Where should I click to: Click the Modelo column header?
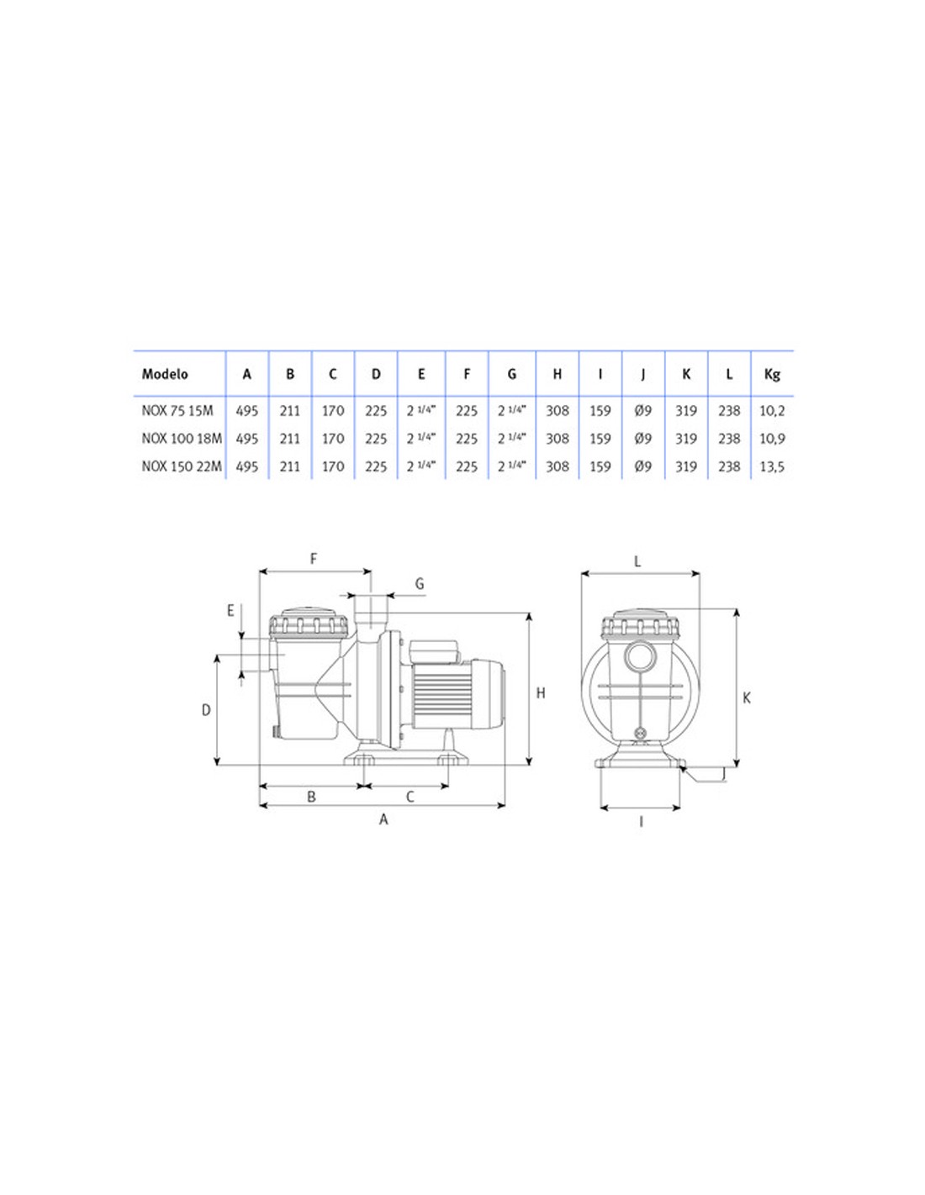[x=165, y=375]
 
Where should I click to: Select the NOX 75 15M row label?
[x=177, y=411]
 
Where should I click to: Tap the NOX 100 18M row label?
[x=182, y=439]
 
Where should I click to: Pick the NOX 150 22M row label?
[x=182, y=466]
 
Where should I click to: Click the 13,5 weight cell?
[x=772, y=466]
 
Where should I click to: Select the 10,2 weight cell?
[x=772, y=411]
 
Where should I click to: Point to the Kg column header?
[x=772, y=375]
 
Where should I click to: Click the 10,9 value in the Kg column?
[x=772, y=439]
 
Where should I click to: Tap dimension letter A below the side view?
[x=383, y=819]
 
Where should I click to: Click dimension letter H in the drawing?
[x=541, y=693]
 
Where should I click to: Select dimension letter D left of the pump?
[x=206, y=711]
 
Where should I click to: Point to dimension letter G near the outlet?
[x=420, y=584]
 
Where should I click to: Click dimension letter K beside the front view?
[x=747, y=698]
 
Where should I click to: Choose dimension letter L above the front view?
[x=637, y=561]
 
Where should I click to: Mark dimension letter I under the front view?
[x=641, y=821]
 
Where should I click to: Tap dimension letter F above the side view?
[x=314, y=559]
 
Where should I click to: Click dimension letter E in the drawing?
[x=230, y=611]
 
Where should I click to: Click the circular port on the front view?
[x=640, y=656]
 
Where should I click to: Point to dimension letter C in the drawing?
[x=410, y=797]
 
